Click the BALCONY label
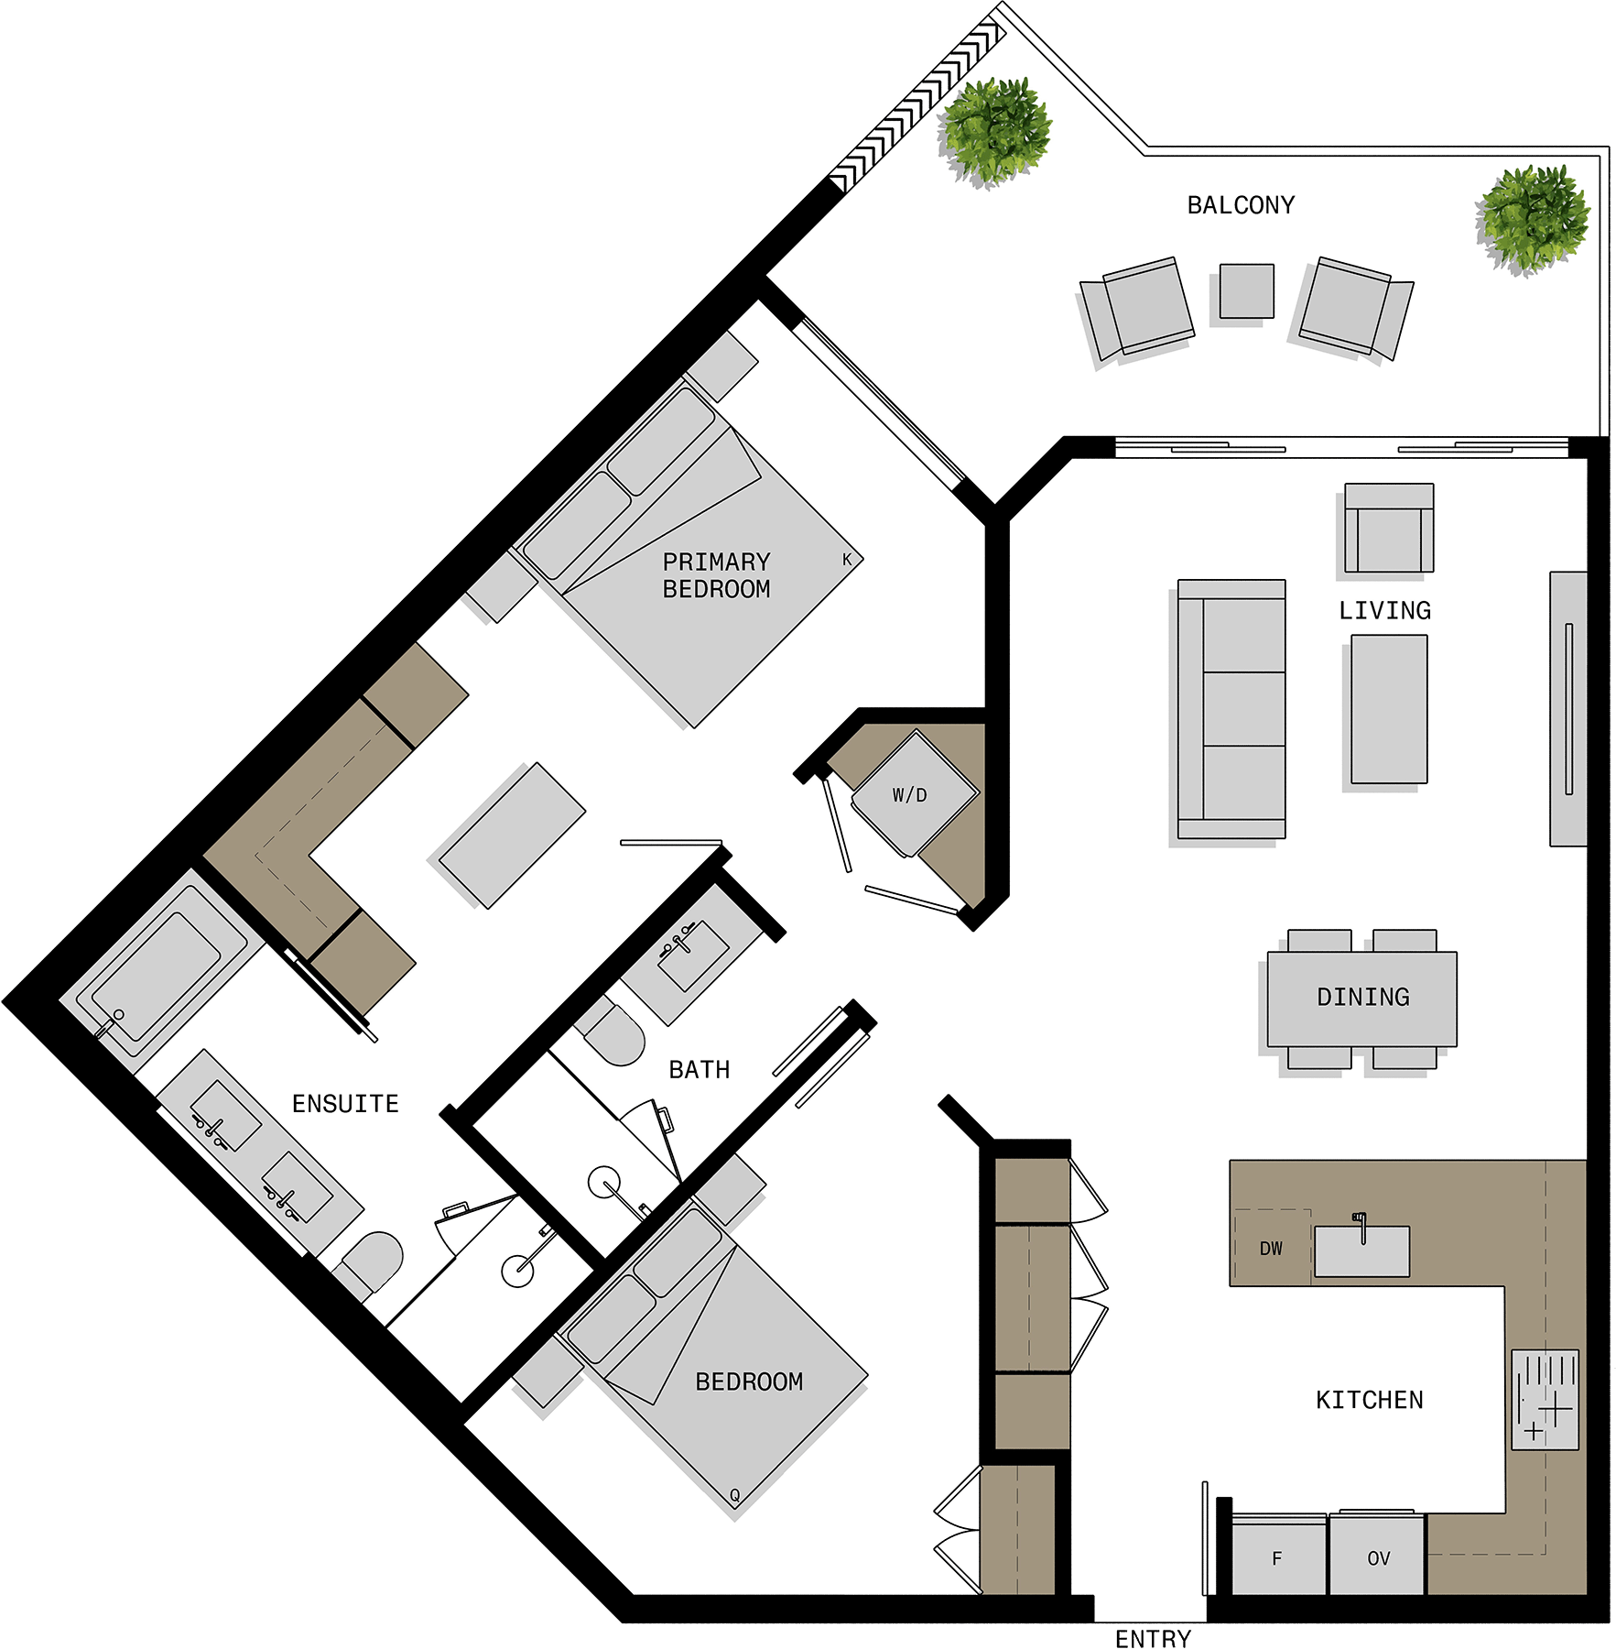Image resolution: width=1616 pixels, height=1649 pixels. click(x=1241, y=205)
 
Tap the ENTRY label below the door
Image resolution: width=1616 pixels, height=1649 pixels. click(x=1153, y=1639)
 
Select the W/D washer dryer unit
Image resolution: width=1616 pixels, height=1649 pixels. click(x=915, y=793)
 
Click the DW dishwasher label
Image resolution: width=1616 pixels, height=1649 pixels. click(x=1271, y=1249)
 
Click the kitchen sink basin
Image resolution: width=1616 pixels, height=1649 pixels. click(x=1361, y=1251)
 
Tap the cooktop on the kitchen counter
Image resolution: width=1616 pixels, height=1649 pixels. click(x=1545, y=1400)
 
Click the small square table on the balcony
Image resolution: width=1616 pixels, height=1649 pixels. click(x=1246, y=291)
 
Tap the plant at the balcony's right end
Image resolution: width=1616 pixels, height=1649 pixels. click(x=1533, y=219)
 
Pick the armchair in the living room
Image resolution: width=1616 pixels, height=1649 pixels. click(x=1389, y=528)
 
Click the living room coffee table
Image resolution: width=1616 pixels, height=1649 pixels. click(x=1389, y=709)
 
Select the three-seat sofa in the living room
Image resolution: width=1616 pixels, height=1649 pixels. click(x=1231, y=709)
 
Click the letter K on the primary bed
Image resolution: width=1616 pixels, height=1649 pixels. click(x=847, y=559)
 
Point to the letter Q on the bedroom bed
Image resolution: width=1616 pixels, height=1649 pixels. click(x=734, y=1495)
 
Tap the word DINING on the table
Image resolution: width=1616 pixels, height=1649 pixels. click(x=1362, y=997)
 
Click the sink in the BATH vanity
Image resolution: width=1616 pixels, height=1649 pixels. click(x=693, y=956)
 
